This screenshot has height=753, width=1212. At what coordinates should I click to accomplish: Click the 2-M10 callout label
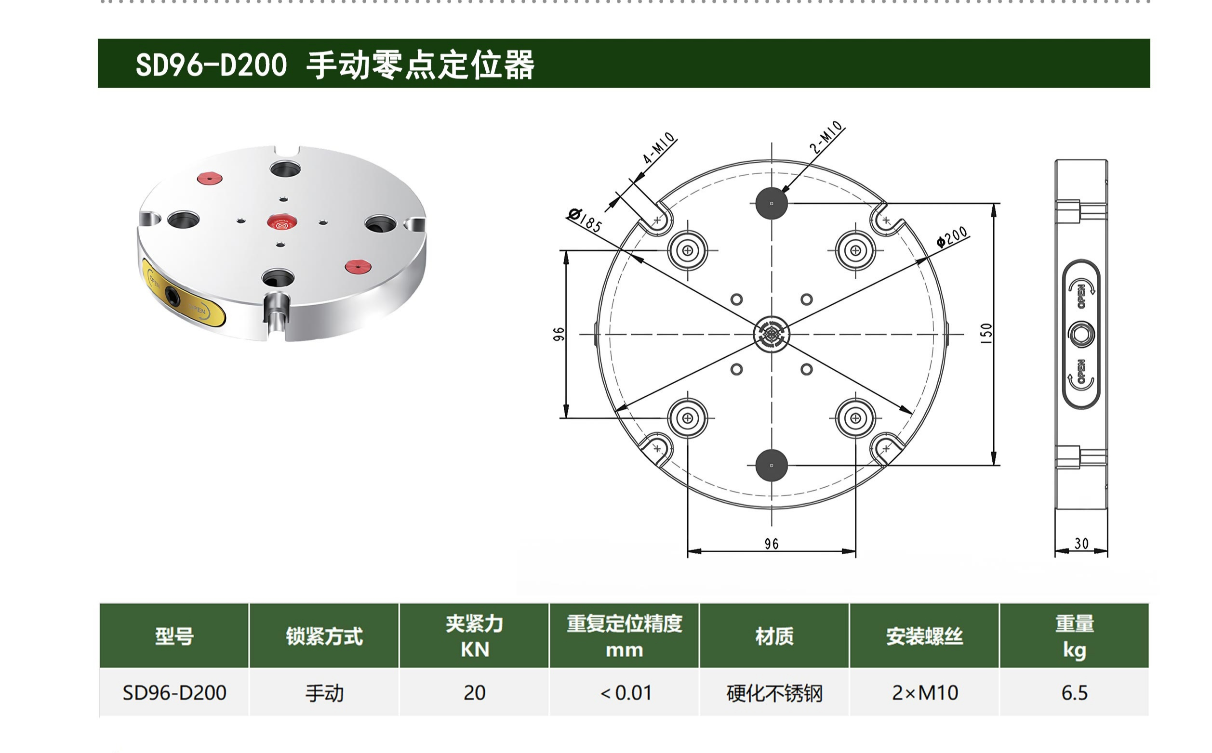pos(826,137)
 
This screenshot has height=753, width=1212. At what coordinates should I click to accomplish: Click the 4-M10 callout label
pos(659,148)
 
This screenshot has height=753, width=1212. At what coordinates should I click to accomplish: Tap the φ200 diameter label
pos(952,236)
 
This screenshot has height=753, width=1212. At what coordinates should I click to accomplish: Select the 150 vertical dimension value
pos(986,333)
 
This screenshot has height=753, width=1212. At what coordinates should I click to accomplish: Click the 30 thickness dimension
pos(1081,544)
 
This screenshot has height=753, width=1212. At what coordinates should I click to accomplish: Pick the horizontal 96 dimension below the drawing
pos(772,544)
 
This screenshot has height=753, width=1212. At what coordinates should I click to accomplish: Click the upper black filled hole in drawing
pos(772,203)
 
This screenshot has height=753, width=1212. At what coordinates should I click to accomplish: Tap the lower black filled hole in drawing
pos(772,466)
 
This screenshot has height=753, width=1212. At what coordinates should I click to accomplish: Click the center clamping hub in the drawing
pos(772,334)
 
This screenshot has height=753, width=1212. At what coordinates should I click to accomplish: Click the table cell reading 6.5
pos(1074,693)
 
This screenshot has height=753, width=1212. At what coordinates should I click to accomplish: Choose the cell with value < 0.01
pos(625,693)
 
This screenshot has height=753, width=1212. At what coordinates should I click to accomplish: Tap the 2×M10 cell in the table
pos(924,693)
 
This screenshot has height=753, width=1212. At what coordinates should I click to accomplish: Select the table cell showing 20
pos(474,693)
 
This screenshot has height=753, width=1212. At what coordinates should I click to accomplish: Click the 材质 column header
pos(774,636)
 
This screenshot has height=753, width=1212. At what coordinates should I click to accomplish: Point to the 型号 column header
pos(174,636)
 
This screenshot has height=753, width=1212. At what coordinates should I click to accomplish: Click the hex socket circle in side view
pos(1081,334)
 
